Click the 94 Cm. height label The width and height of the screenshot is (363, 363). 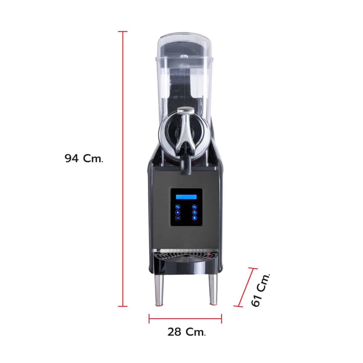pos(84,158)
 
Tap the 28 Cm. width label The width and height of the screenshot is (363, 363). pos(187,332)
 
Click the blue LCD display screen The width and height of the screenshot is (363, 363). pos(186,197)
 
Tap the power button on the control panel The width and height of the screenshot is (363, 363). pos(195,212)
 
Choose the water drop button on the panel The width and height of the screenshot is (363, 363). pos(195,218)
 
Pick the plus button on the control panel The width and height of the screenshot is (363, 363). pos(178,212)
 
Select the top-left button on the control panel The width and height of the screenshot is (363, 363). pos(178,207)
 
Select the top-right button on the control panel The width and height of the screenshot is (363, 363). pos(195,207)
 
